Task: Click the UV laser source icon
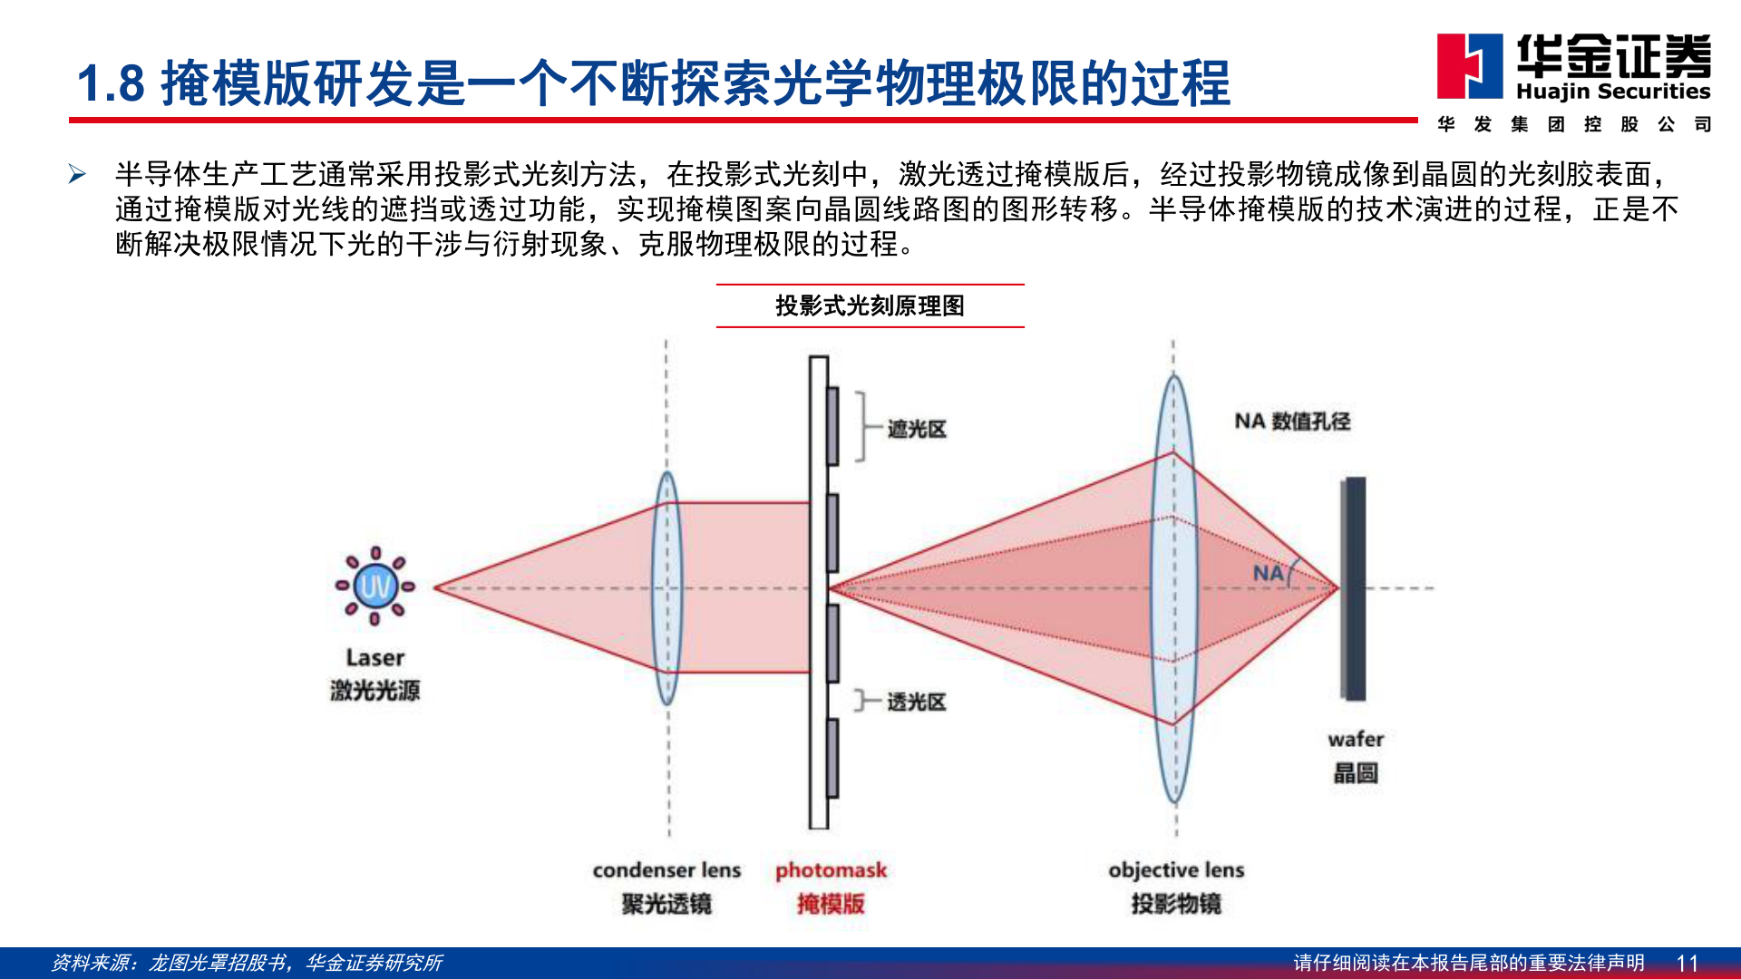click(x=374, y=586)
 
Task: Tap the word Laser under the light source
click(x=374, y=657)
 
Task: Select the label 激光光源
click(x=374, y=691)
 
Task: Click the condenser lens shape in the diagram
click(x=667, y=587)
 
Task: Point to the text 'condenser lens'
click(x=666, y=870)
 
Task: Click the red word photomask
click(x=831, y=870)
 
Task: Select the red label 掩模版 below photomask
click(x=831, y=904)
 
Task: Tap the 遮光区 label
click(x=917, y=429)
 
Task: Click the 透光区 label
click(x=916, y=702)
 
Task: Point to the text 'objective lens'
click(x=1176, y=870)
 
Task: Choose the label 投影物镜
click(x=1176, y=904)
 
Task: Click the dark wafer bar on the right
click(x=1355, y=588)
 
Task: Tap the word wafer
click(x=1356, y=739)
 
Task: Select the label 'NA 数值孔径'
click(x=1292, y=421)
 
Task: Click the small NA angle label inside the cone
click(x=1269, y=573)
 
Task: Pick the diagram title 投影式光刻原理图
click(x=870, y=305)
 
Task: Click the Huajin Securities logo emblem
click(x=1469, y=66)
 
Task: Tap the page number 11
click(x=1687, y=963)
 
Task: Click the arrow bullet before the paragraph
click(x=77, y=174)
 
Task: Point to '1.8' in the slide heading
click(x=111, y=83)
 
